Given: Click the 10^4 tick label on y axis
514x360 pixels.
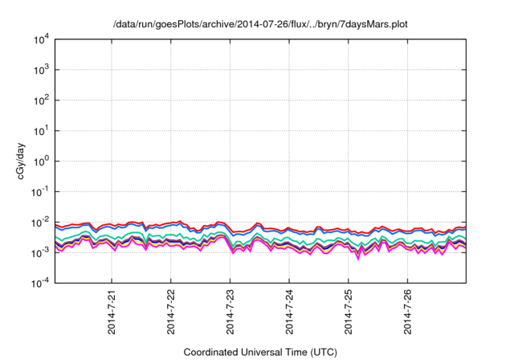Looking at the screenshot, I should tap(42, 39).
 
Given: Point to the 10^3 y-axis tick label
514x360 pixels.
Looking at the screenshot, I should tap(42, 70).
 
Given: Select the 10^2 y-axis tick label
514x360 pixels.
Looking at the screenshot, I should tap(42, 100).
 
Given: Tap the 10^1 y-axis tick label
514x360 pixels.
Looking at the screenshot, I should tap(42, 131).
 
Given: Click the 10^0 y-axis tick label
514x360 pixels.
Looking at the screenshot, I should tap(42, 161).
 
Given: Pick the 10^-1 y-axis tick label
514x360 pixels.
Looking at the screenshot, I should tap(41, 191).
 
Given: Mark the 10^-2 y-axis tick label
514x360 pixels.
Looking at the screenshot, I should tap(41, 222).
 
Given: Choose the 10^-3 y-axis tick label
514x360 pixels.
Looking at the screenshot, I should tap(41, 252).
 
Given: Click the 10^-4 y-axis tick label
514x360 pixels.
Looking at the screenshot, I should tap(41, 282).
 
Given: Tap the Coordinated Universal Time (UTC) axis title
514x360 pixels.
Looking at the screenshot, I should tap(260, 352).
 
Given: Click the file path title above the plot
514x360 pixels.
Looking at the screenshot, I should tap(260, 23).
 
